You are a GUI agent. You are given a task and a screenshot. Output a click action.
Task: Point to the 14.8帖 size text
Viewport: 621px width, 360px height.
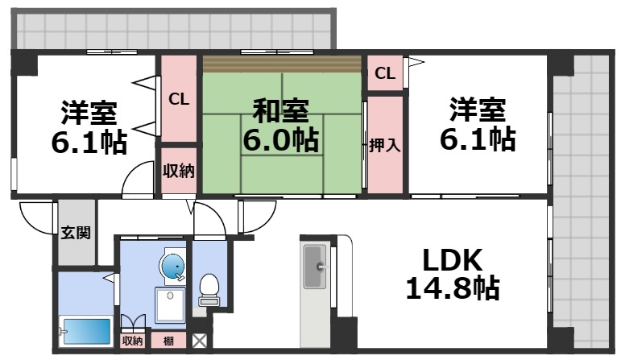pyautogui.click(x=451, y=288)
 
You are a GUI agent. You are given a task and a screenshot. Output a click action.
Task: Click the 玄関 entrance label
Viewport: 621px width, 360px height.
pyautogui.click(x=76, y=234)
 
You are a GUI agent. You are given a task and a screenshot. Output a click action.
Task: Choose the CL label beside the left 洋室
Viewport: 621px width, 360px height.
pyautogui.click(x=178, y=99)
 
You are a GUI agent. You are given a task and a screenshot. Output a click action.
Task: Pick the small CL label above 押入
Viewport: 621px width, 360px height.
pyautogui.click(x=385, y=74)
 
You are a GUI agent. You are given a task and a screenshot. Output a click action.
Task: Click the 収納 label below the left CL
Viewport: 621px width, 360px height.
pyautogui.click(x=178, y=170)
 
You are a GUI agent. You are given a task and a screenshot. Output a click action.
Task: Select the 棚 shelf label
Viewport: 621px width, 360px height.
pyautogui.click(x=167, y=341)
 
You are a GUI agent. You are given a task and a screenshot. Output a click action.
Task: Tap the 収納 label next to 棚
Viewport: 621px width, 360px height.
pyautogui.click(x=132, y=341)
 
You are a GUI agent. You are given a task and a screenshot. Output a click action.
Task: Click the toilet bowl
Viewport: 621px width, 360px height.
pyautogui.click(x=209, y=286)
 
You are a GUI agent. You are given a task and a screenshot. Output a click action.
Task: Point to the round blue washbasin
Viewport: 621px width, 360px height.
pyautogui.click(x=172, y=266)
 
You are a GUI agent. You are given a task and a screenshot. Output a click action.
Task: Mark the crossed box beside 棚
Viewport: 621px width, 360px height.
pyautogui.click(x=199, y=341)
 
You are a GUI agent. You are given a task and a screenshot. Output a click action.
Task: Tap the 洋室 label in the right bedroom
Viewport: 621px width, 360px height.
pyautogui.click(x=477, y=109)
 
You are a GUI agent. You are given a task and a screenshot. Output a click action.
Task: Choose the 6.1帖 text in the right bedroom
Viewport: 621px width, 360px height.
pyautogui.click(x=477, y=139)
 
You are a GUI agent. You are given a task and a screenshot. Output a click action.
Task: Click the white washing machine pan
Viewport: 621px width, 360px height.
pyautogui.click(x=171, y=307)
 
